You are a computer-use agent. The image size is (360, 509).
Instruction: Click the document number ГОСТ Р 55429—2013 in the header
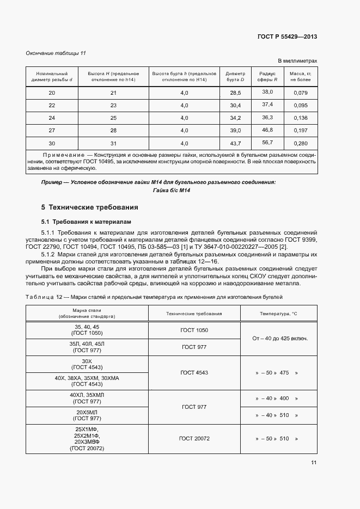[286, 36]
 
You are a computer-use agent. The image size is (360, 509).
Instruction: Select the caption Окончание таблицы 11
[56, 53]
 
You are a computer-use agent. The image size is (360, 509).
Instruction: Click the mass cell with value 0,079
[301, 93]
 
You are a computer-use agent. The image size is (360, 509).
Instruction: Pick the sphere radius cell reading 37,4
[267, 104]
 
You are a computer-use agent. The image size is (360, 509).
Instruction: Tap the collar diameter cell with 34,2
[235, 118]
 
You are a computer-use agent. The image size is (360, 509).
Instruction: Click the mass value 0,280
[301, 143]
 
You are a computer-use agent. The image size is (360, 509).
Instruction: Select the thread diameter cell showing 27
[52, 131]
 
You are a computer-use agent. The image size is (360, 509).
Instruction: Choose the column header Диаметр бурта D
[235, 76]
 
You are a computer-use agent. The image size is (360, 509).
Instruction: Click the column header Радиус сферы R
[267, 76]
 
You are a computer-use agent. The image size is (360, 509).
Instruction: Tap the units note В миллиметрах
[297, 61]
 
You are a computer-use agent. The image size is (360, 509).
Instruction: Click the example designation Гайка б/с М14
[172, 190]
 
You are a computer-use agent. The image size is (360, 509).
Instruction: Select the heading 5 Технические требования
[90, 207]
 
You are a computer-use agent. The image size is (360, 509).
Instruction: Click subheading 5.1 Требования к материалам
[87, 222]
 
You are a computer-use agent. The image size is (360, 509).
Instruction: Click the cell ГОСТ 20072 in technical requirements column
[194, 438]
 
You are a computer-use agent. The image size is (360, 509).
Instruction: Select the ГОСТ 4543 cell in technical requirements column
[194, 372]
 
